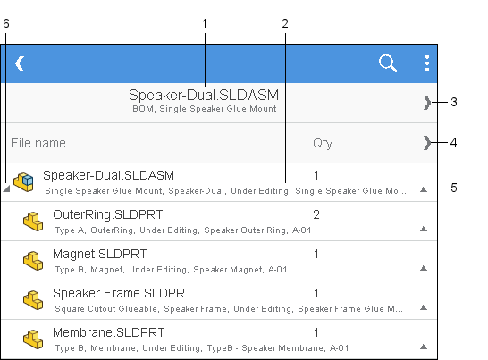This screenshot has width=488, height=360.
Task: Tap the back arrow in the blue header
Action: click(x=21, y=63)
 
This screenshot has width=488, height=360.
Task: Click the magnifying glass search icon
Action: click(x=388, y=63)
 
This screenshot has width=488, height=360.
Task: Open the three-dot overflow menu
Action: click(x=427, y=63)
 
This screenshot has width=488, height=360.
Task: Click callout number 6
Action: click(x=6, y=23)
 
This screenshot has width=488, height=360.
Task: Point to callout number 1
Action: click(x=205, y=23)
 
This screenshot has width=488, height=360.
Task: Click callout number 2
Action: click(x=285, y=23)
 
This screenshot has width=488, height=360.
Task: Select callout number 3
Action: click(x=454, y=102)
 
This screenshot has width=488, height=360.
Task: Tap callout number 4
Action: click(x=454, y=143)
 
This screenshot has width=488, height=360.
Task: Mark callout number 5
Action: click(x=454, y=188)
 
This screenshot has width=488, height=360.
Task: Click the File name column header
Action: click(x=38, y=143)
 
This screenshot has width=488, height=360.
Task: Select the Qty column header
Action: click(x=323, y=144)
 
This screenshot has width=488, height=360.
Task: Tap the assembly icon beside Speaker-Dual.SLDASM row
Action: click(x=23, y=182)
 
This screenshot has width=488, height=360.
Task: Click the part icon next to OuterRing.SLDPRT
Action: click(x=33, y=222)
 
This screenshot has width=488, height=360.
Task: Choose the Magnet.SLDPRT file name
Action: click(x=99, y=254)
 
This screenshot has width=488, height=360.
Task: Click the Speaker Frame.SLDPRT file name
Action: click(x=122, y=293)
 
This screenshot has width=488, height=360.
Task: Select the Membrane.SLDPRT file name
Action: click(x=109, y=332)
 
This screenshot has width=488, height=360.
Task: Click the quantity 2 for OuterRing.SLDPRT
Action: click(x=316, y=214)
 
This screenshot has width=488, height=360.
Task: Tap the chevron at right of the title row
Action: click(x=427, y=103)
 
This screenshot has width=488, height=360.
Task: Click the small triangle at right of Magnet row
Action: click(x=424, y=268)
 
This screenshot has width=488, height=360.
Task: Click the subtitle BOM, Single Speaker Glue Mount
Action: click(x=205, y=109)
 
